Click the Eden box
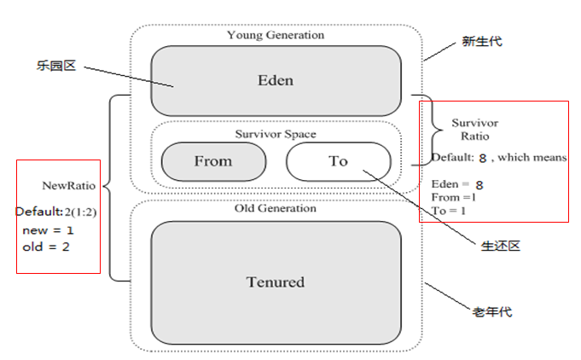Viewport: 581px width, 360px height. [x=275, y=81]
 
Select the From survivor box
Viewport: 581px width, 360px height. [x=212, y=160]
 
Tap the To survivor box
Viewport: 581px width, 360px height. [x=338, y=160]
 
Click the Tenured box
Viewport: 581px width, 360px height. [x=275, y=282]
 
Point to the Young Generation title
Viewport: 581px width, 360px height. [x=275, y=35]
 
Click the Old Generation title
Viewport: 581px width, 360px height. [x=275, y=208]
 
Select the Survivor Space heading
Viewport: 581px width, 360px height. [x=275, y=134]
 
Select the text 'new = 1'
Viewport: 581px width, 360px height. [x=47, y=230]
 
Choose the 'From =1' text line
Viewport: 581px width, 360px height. [x=453, y=197]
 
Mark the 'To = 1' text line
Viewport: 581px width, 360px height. [x=450, y=210]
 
